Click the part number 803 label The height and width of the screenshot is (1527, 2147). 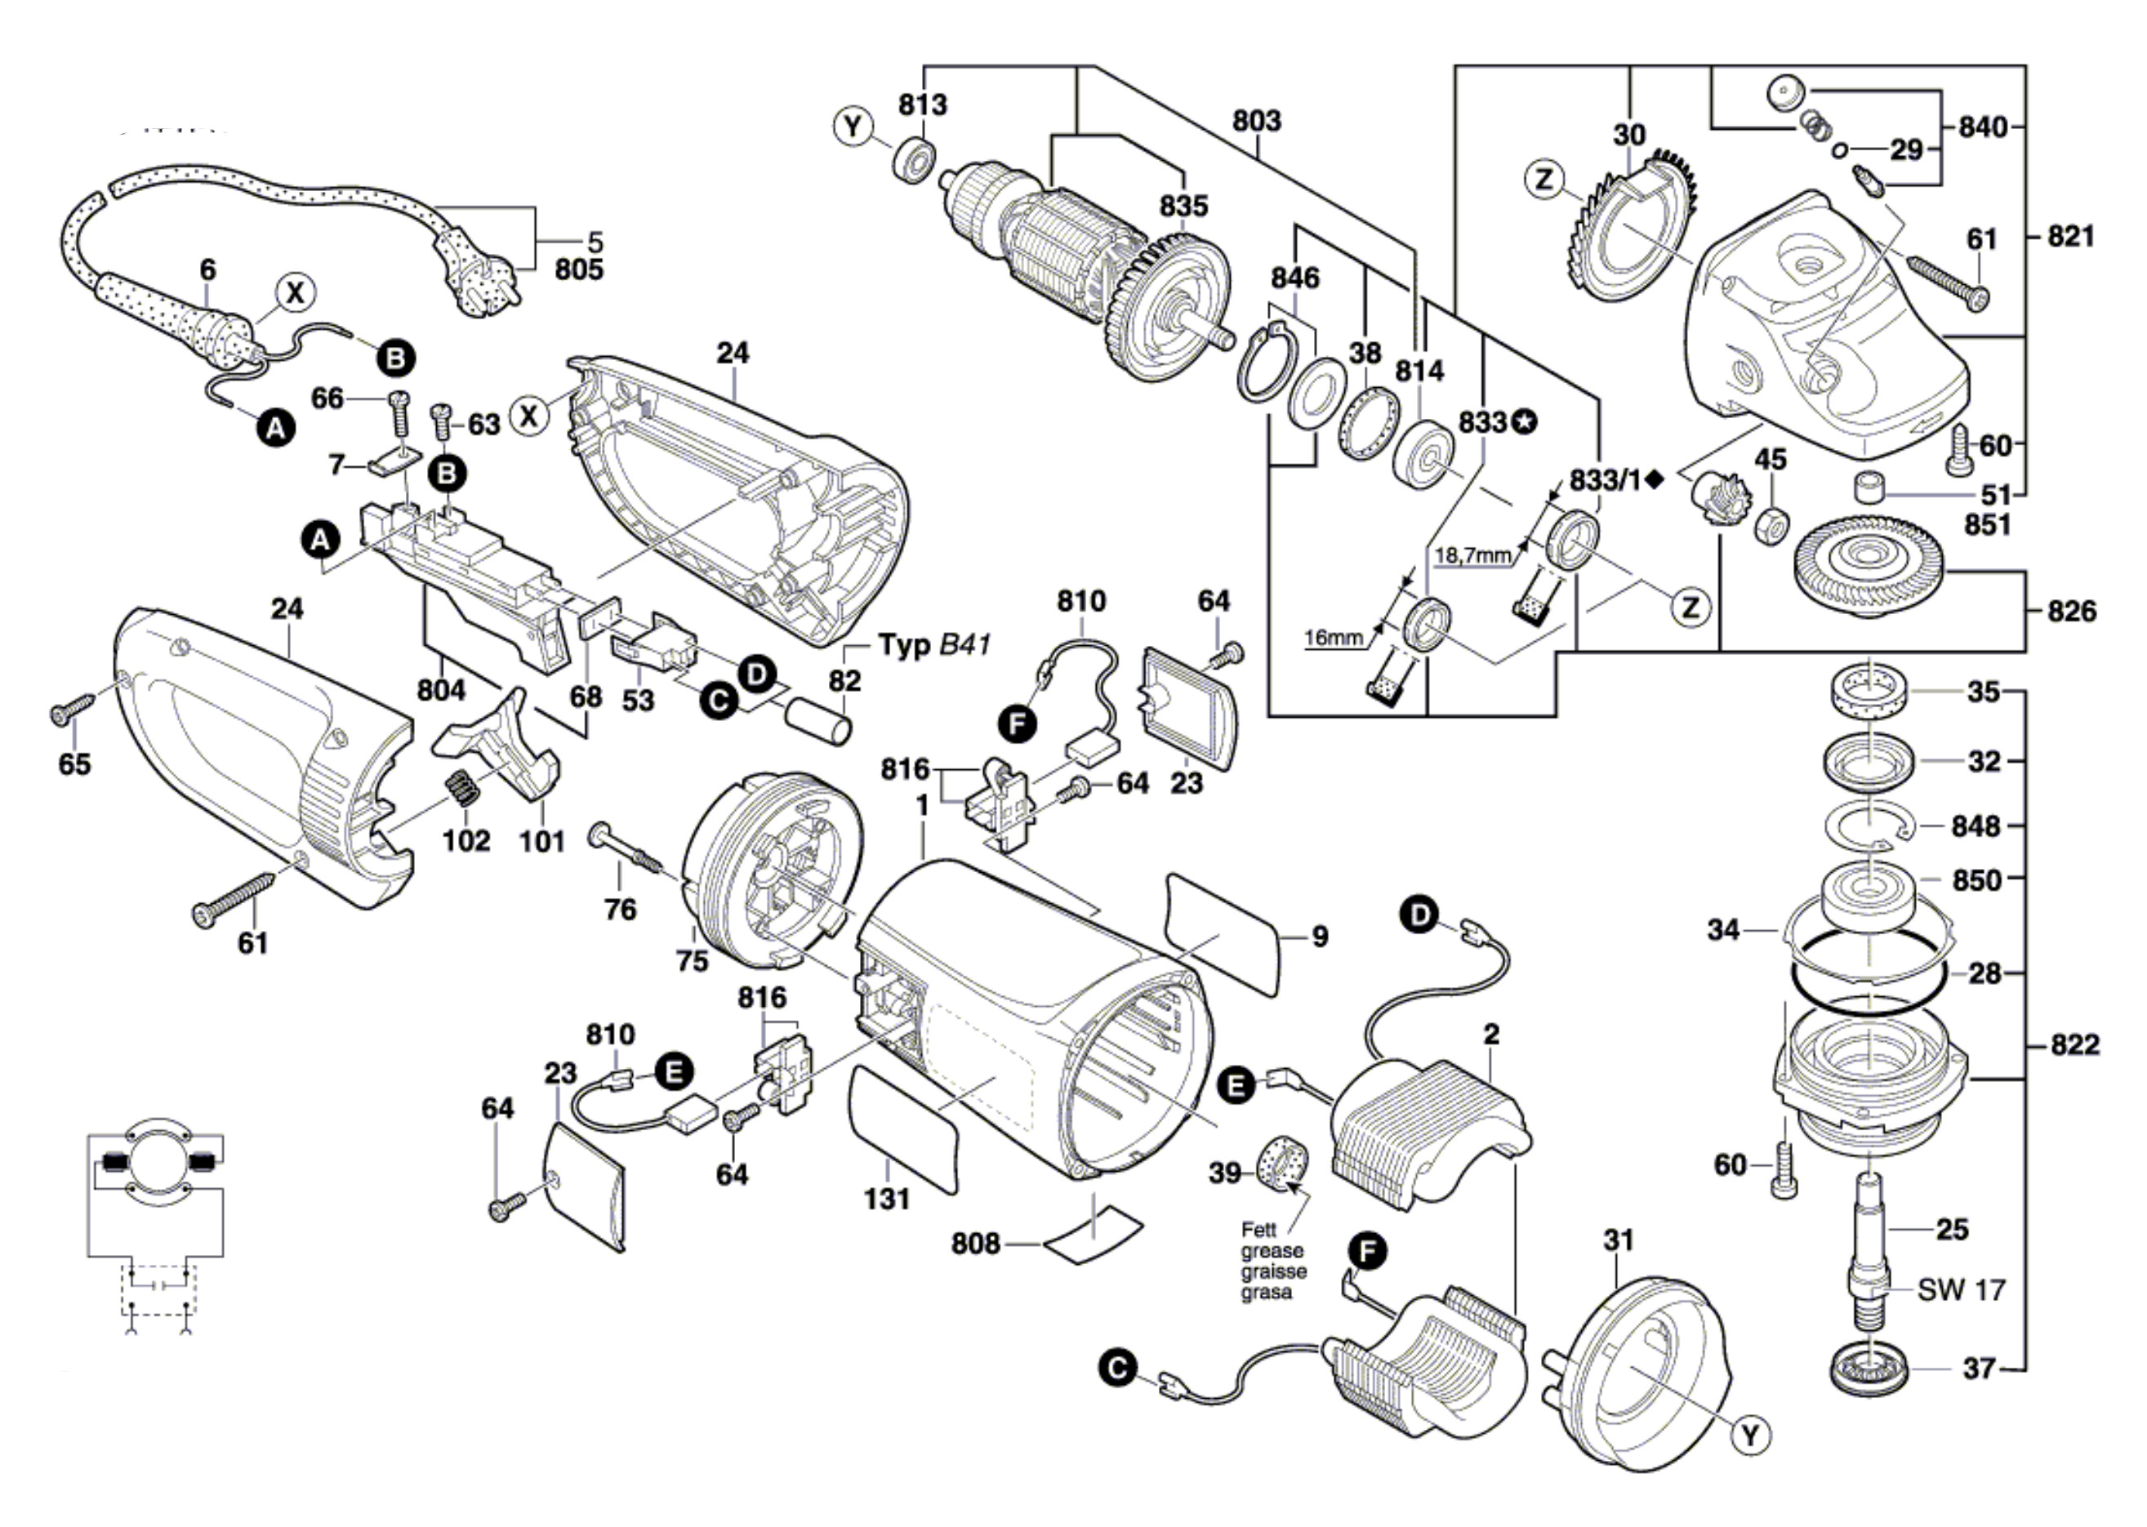(x=1256, y=122)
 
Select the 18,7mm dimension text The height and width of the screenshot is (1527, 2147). (x=1472, y=556)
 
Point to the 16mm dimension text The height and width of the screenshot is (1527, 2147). (x=1333, y=639)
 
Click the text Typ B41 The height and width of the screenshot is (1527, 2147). (x=933, y=645)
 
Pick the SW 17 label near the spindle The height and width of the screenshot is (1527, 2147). (x=1961, y=1289)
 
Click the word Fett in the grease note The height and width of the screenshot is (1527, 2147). (x=1260, y=1230)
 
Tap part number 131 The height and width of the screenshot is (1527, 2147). (x=887, y=1199)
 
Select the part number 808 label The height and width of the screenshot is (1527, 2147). (x=975, y=1243)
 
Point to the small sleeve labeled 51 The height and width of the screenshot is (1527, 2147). (x=1869, y=489)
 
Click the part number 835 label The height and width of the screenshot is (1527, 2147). (x=1183, y=205)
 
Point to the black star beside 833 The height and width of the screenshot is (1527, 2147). (x=1522, y=423)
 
